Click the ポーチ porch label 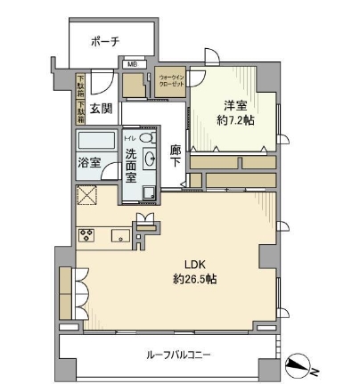tap(104, 41)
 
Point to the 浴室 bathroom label tap(88, 163)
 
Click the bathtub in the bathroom tap(96, 142)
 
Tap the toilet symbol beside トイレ tap(147, 138)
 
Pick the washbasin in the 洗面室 tap(150, 159)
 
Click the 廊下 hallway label tap(176, 156)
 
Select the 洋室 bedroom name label tap(234, 104)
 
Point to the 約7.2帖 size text tap(234, 119)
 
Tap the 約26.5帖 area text tap(196, 280)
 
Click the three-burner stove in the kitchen tap(87, 236)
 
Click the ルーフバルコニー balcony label tap(179, 355)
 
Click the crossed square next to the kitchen tap(87, 196)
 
